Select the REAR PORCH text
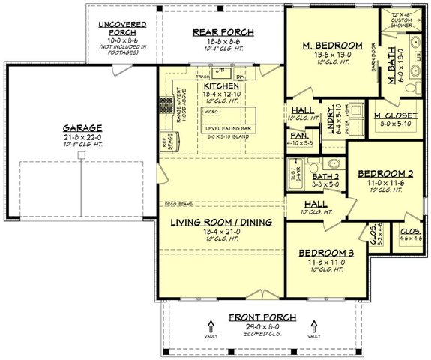[224, 31]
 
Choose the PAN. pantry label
[298, 135]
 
